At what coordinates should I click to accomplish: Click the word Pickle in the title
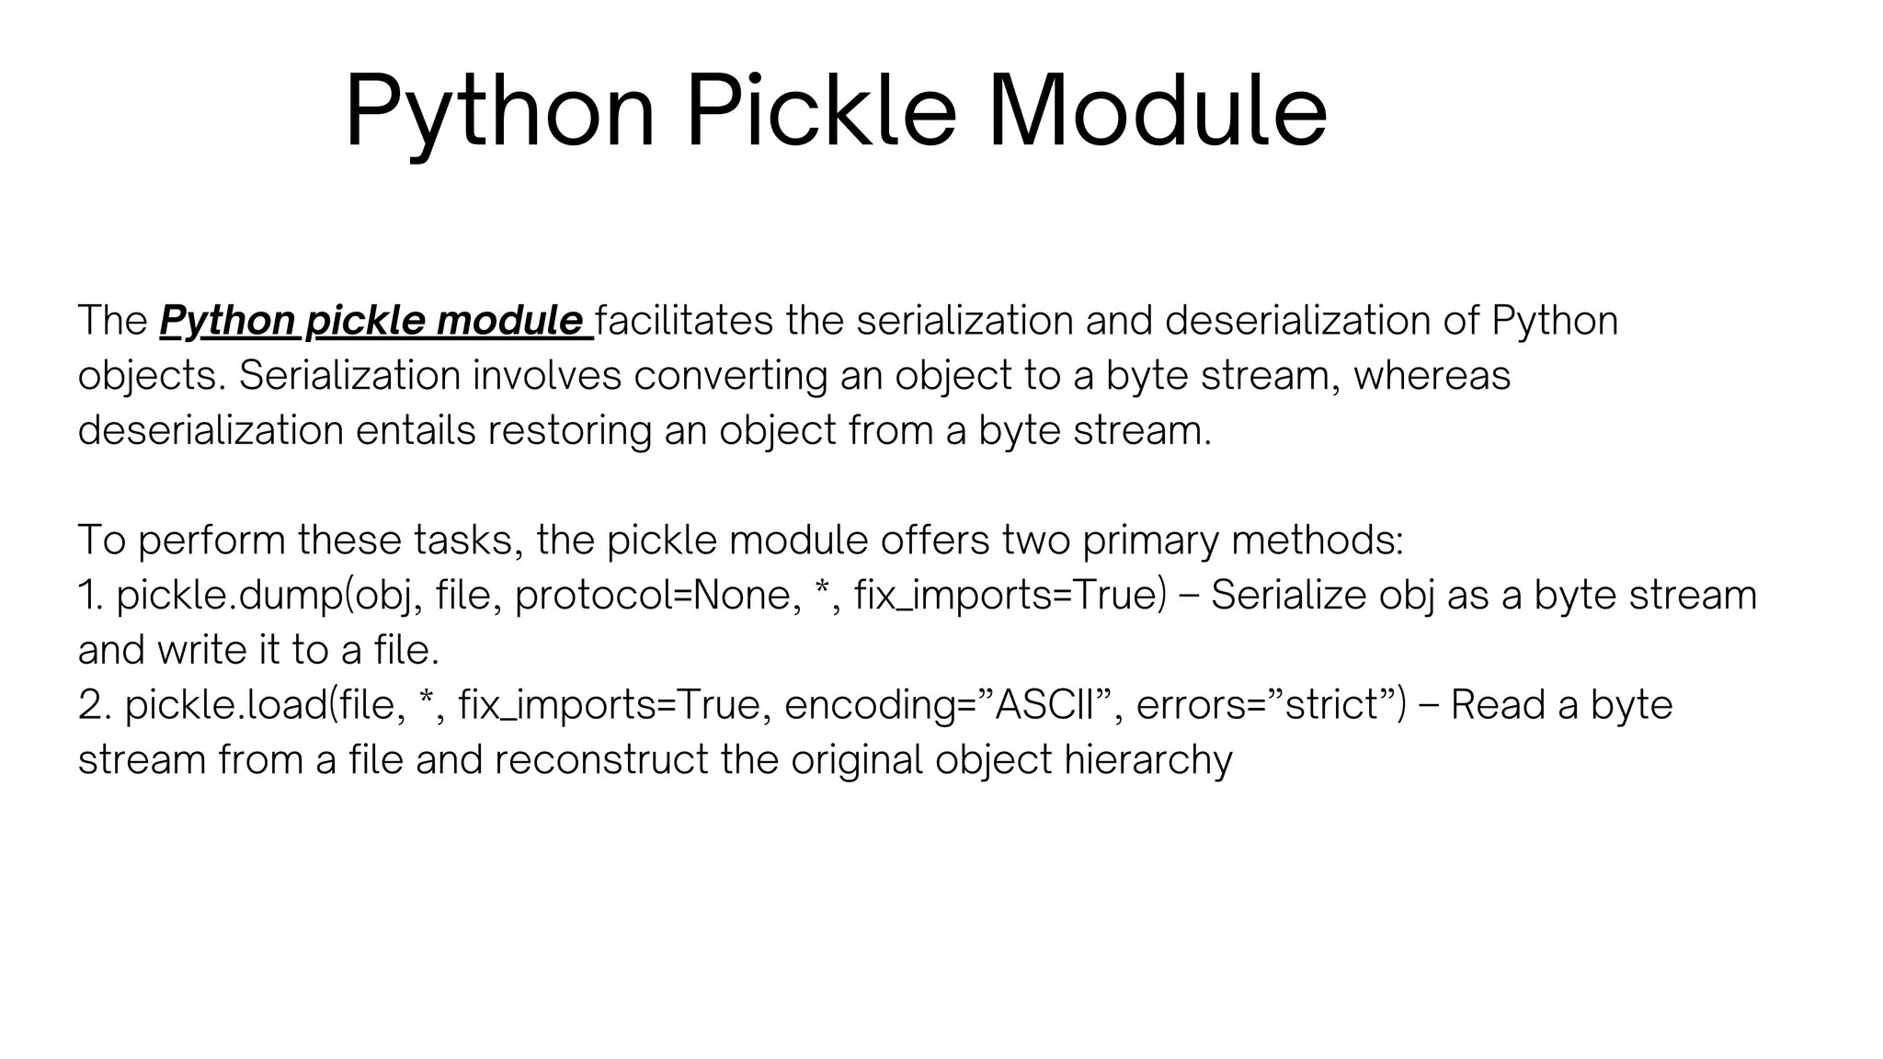click(821, 112)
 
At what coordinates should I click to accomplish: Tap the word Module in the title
click(1157, 112)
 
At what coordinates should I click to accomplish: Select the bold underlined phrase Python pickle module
click(375, 321)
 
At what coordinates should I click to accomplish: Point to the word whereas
click(1431, 376)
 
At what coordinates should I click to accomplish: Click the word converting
click(730, 376)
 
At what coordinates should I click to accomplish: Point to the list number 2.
click(94, 705)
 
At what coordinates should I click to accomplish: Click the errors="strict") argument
click(1271, 705)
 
